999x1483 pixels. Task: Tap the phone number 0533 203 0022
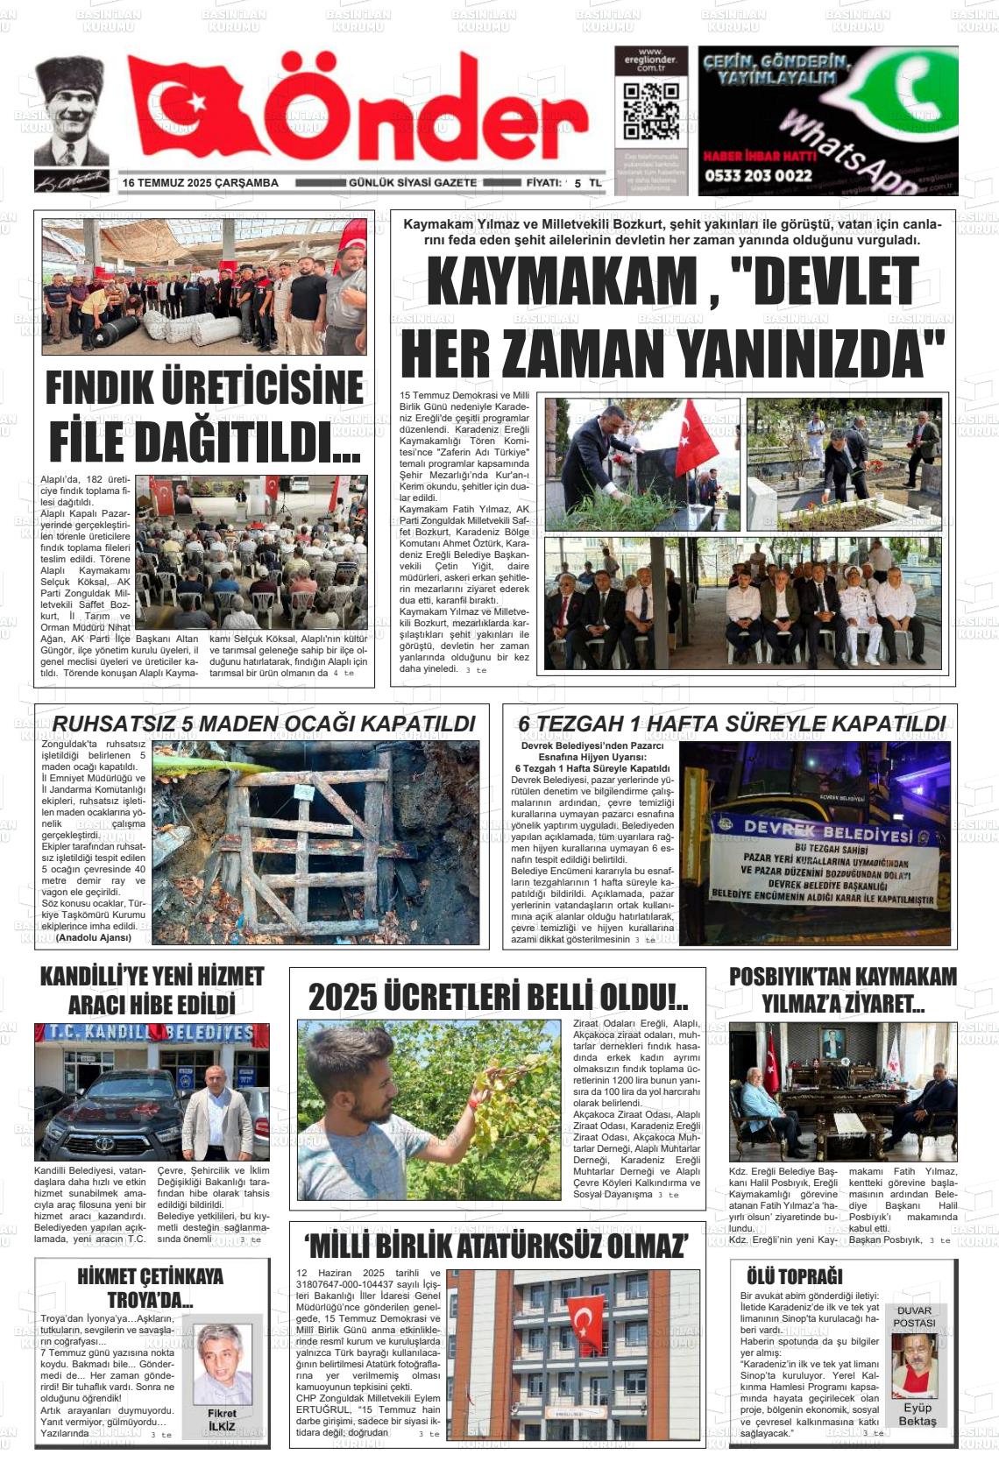click(x=757, y=175)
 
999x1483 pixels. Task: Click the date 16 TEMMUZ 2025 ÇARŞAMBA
click(x=201, y=183)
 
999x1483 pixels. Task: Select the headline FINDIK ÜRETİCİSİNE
click(x=204, y=388)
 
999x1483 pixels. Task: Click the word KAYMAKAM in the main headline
click(x=561, y=282)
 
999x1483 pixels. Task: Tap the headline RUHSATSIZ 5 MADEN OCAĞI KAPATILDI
click(x=264, y=724)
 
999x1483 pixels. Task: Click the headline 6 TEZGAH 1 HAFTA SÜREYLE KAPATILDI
click(x=732, y=724)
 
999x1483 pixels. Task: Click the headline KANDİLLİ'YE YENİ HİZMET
click(x=152, y=977)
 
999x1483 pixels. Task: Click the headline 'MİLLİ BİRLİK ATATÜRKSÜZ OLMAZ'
click(x=497, y=1245)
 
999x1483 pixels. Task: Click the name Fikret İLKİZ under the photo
click(x=222, y=1420)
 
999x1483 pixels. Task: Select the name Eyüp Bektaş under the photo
click(x=917, y=1415)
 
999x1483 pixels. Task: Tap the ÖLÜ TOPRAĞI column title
click(x=794, y=1276)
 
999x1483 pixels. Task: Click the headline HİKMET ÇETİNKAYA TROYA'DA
click(x=150, y=1287)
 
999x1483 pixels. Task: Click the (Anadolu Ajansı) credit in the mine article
click(x=94, y=937)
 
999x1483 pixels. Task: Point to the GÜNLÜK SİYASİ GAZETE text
click(x=413, y=183)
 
